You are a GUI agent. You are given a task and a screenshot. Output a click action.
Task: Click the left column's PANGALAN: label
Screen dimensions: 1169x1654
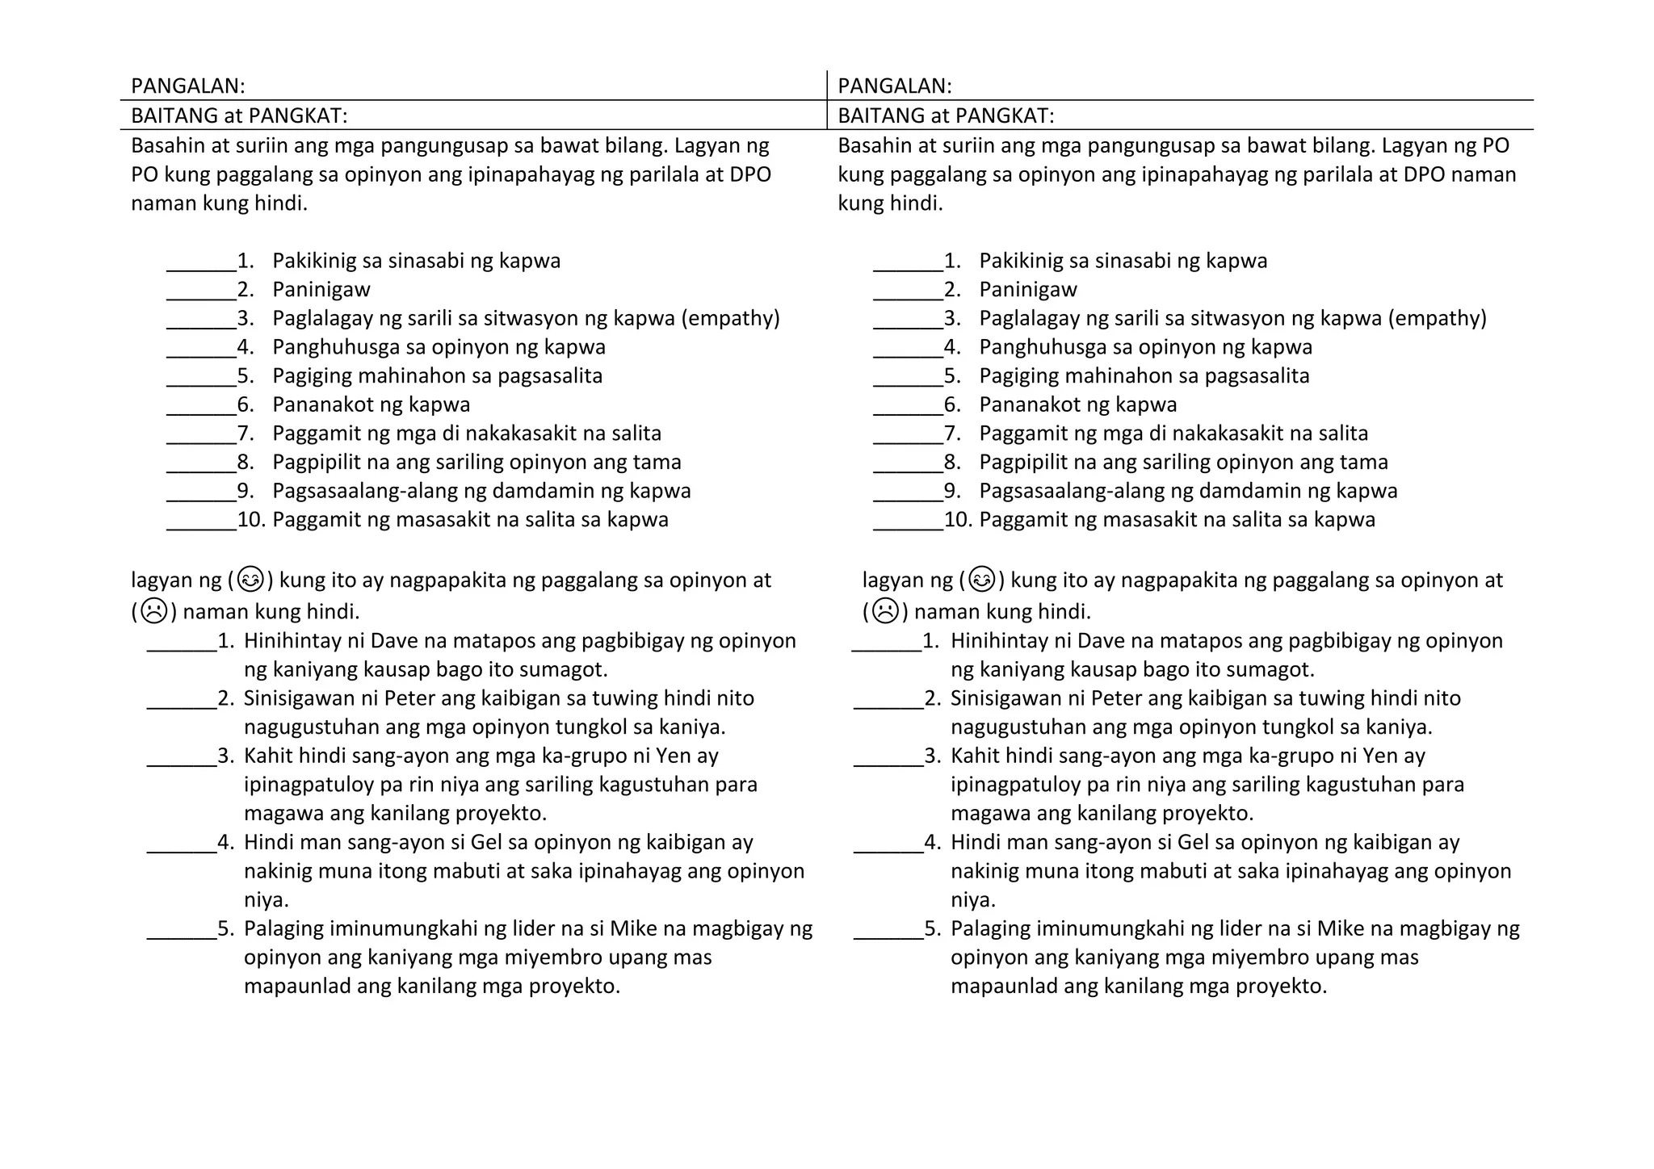187,86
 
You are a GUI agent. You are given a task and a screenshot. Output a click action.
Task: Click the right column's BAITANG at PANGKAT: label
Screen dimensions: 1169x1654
946,116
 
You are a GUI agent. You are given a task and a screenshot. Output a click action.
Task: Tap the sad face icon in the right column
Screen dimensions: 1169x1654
885,611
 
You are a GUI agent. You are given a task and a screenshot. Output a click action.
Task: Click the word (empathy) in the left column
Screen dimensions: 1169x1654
730,318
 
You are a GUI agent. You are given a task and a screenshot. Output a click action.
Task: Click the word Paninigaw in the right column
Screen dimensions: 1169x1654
1027,289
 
